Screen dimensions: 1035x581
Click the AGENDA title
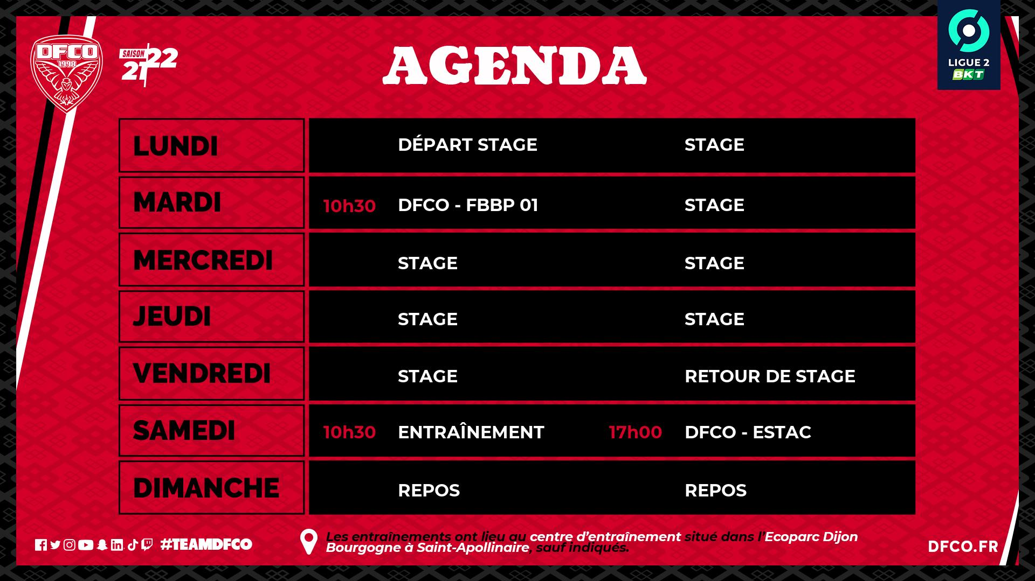coord(514,66)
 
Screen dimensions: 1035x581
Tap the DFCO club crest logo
coord(66,74)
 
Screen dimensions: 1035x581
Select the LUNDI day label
coord(175,146)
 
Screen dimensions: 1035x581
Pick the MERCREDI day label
coord(203,260)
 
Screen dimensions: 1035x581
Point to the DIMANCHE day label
coord(206,488)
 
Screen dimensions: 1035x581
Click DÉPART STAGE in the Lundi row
coord(467,145)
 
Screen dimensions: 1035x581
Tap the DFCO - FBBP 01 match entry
coord(468,205)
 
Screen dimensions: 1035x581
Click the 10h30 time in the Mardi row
coord(349,206)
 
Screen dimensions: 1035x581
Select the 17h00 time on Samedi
coord(635,432)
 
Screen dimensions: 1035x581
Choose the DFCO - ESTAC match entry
coord(748,432)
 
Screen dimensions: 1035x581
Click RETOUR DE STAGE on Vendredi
coord(770,376)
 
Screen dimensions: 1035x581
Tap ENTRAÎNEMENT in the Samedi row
coord(471,432)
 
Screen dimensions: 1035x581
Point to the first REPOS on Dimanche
coord(429,491)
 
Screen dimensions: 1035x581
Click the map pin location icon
coord(308,542)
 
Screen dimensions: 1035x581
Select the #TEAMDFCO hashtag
coord(206,544)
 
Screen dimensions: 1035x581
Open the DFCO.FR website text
coord(963,547)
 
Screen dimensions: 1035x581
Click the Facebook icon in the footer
coord(41,545)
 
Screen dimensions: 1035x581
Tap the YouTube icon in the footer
coord(85,545)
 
